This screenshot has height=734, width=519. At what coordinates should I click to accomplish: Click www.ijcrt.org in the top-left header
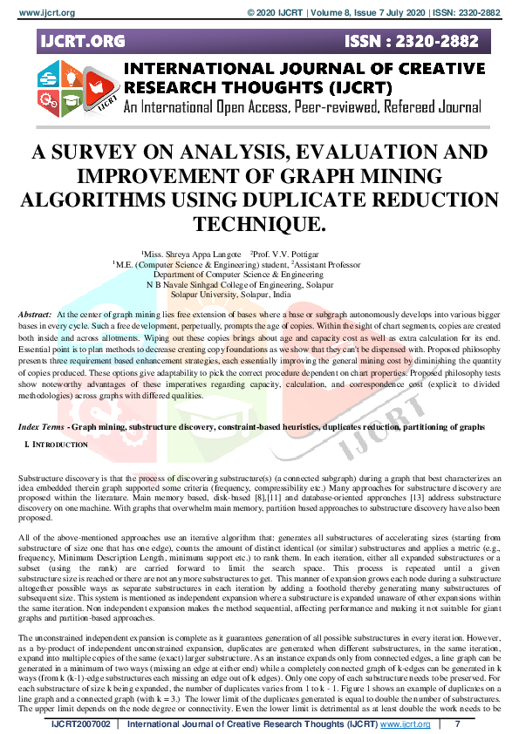pos(40,13)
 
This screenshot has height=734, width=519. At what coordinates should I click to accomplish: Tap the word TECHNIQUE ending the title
pos(260,223)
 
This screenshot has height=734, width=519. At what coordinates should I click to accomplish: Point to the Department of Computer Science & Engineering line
pos(259,273)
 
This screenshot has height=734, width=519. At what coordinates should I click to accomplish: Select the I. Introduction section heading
pos(57,445)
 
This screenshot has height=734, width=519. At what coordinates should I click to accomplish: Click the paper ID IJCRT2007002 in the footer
pos(81,724)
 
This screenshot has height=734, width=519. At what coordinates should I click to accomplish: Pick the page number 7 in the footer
pos(458,724)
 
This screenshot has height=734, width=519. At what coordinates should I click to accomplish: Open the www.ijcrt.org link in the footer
pos(405,724)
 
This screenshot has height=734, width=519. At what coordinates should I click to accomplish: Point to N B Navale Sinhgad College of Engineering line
pos(259,283)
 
